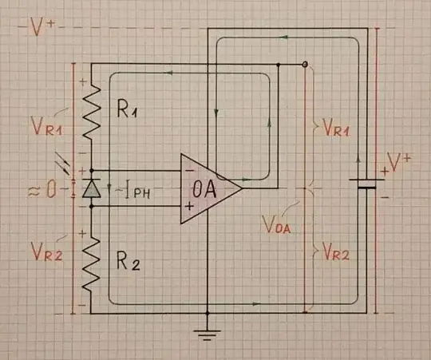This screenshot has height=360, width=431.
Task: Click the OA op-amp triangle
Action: (x=207, y=189)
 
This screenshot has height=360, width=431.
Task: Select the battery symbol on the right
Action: (x=366, y=184)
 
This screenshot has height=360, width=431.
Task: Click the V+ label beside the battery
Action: (x=398, y=164)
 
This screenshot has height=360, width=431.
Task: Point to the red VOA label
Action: (x=277, y=224)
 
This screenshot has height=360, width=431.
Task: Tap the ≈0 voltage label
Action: (x=42, y=190)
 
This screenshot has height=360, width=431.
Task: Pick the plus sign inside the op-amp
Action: (x=188, y=207)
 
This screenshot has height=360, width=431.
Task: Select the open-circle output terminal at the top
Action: (x=304, y=64)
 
